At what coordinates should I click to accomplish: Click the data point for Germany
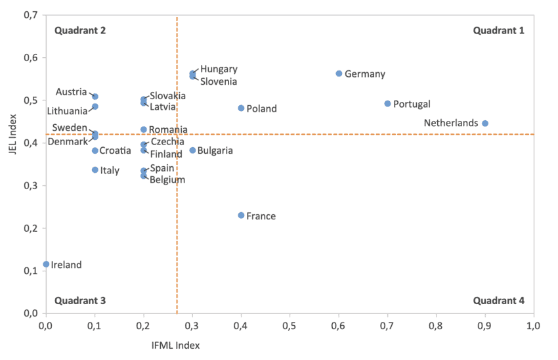339,74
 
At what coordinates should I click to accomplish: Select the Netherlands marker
485,124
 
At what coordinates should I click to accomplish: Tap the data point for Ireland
46,264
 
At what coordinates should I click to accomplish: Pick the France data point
241,215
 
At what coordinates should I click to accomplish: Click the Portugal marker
387,104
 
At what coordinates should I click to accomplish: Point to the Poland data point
241,108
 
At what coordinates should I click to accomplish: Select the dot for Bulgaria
192,150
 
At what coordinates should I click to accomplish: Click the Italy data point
95,170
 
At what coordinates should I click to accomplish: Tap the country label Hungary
219,69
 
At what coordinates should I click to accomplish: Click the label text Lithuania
67,111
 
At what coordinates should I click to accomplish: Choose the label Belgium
167,179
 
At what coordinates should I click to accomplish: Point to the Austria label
71,92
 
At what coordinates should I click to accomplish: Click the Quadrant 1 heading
499,30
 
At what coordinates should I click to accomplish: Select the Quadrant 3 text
80,301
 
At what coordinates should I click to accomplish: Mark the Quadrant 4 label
499,301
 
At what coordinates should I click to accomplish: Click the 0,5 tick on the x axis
290,325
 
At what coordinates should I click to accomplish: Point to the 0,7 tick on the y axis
30,15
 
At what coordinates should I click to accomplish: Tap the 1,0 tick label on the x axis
533,325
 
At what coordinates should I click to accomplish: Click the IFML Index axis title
176,345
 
